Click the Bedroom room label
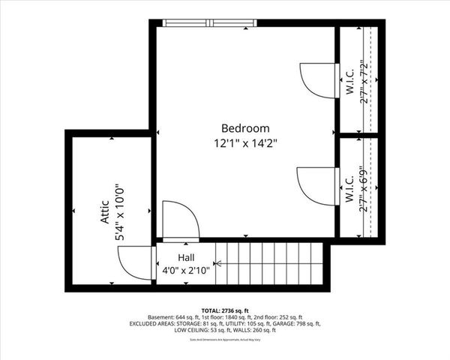245,127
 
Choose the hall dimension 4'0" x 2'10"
187,269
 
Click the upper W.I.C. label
349,79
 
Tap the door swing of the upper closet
315,77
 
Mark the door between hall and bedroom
180,220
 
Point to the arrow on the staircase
219,264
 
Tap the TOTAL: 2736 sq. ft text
224,309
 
